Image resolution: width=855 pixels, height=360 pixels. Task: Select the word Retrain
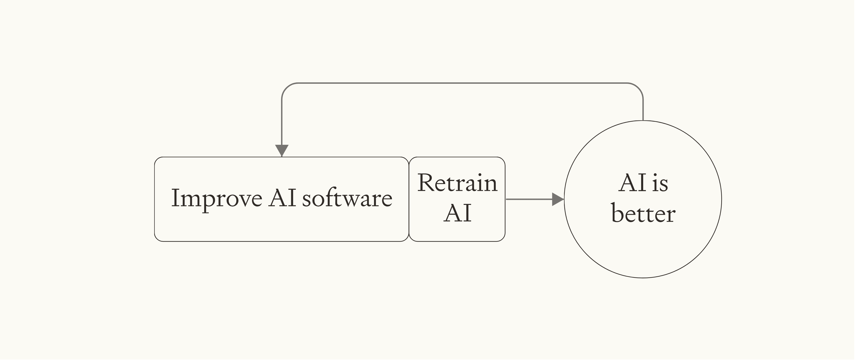[457, 183]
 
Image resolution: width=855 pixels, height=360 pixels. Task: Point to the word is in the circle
[660, 184]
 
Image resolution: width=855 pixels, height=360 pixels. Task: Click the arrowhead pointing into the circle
[558, 199]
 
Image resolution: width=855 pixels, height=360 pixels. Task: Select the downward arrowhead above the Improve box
[282, 150]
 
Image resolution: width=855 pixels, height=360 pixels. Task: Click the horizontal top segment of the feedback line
[461, 83]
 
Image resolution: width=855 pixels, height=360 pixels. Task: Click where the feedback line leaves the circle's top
[643, 120]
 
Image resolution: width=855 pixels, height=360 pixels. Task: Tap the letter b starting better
[617, 213]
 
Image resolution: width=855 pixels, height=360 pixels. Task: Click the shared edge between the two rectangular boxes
[409, 199]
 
